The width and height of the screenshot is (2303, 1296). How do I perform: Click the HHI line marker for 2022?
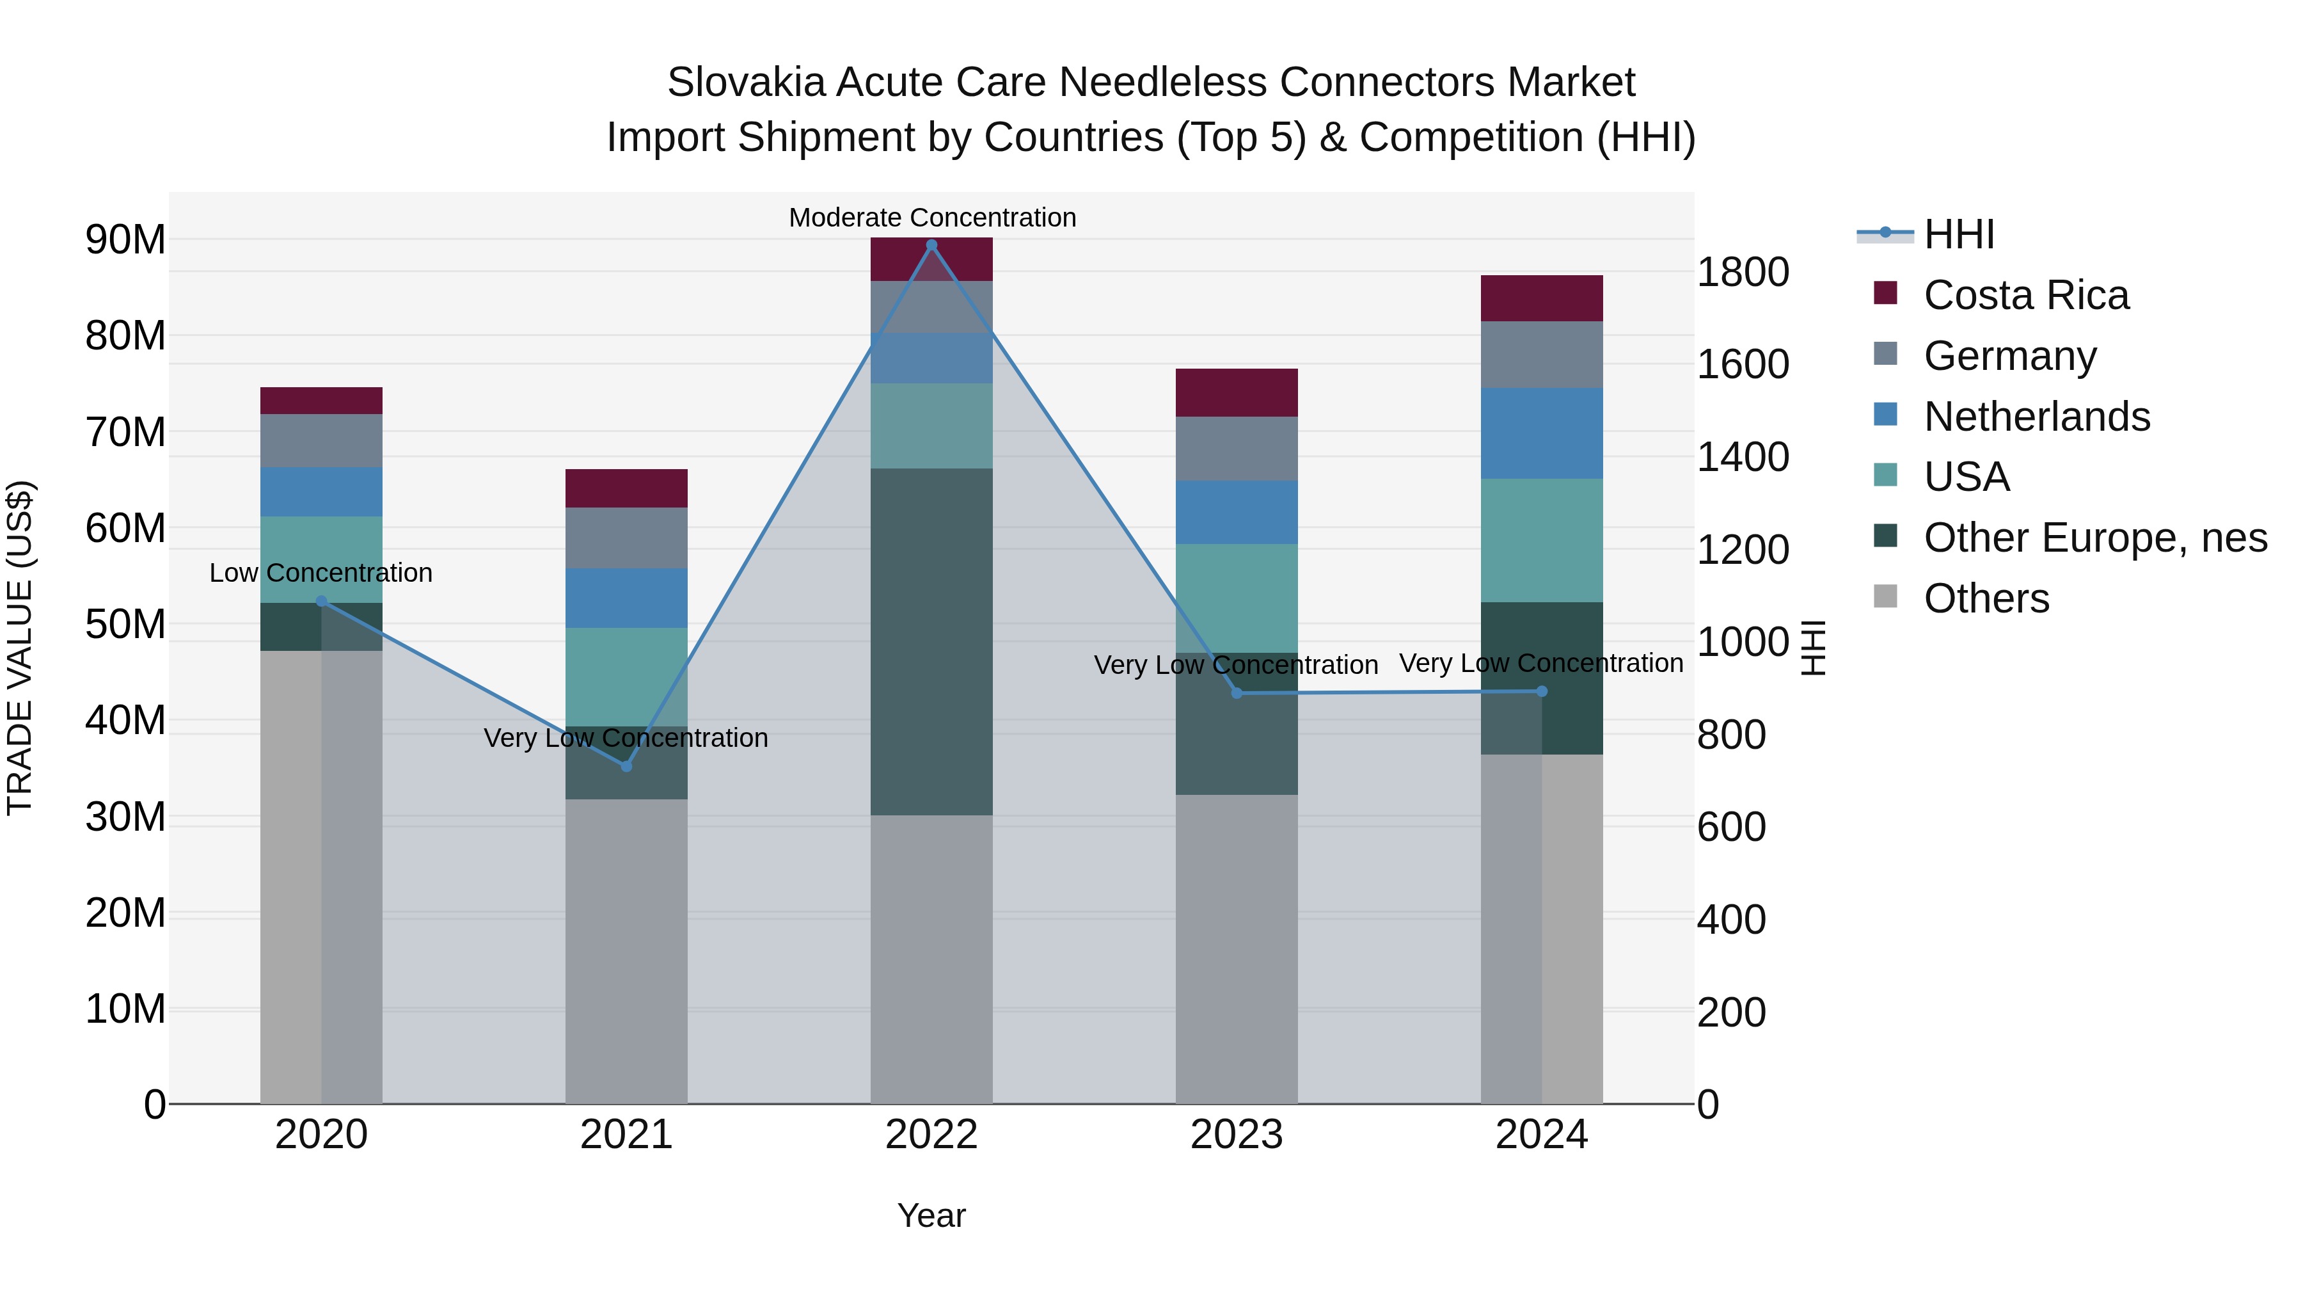pyautogui.click(x=931, y=245)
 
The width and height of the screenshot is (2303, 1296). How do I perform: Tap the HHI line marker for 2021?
pyautogui.click(x=626, y=767)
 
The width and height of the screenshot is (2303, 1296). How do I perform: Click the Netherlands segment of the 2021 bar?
pyautogui.click(x=626, y=598)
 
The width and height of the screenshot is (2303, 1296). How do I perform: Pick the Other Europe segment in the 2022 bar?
pyautogui.click(x=931, y=641)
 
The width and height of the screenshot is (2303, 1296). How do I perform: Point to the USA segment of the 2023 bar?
pyautogui.click(x=1237, y=598)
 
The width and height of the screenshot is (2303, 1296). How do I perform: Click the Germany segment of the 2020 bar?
pyautogui.click(x=321, y=440)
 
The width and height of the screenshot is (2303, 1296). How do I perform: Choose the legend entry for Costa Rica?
pyautogui.click(x=2026, y=295)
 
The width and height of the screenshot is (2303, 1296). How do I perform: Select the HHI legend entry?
pyautogui.click(x=1958, y=234)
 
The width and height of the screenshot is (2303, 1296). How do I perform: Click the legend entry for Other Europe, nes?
pyautogui.click(x=2094, y=538)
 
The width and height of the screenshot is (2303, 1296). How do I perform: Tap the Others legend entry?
pyautogui.click(x=1986, y=598)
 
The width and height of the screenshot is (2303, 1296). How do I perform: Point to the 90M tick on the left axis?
pyautogui.click(x=125, y=240)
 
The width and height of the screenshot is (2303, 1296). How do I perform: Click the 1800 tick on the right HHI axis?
pyautogui.click(x=1743, y=272)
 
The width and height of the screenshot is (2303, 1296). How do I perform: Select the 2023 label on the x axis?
pyautogui.click(x=1237, y=1135)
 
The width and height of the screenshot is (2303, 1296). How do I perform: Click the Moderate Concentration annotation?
pyautogui.click(x=931, y=218)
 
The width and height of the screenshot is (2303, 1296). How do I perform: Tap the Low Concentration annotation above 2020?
pyautogui.click(x=321, y=572)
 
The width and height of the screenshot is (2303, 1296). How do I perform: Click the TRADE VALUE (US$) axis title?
pyautogui.click(x=20, y=648)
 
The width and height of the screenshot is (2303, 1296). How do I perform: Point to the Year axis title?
pyautogui.click(x=931, y=1215)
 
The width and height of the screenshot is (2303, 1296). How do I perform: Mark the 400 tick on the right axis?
pyautogui.click(x=1731, y=920)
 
